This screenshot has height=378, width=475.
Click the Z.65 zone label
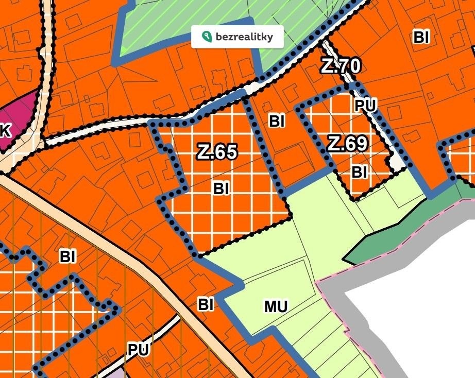point(217,152)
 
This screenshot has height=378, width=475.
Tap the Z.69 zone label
point(348,144)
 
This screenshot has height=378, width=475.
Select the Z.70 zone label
point(341,65)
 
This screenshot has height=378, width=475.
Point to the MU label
point(276,307)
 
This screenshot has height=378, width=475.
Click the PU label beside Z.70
point(366,106)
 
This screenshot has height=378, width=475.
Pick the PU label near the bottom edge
point(138,350)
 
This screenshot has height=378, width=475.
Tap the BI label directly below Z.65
point(221,189)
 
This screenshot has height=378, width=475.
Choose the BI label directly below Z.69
point(360,173)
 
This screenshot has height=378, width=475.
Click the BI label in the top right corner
point(421,37)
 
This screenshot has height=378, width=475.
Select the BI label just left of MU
point(206,304)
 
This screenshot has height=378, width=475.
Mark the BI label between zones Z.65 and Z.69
point(277,121)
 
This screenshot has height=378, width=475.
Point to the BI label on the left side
point(67,256)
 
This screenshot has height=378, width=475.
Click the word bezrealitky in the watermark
point(244,37)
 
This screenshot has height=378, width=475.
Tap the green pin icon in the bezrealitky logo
point(207,37)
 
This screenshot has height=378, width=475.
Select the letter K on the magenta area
point(5,131)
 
